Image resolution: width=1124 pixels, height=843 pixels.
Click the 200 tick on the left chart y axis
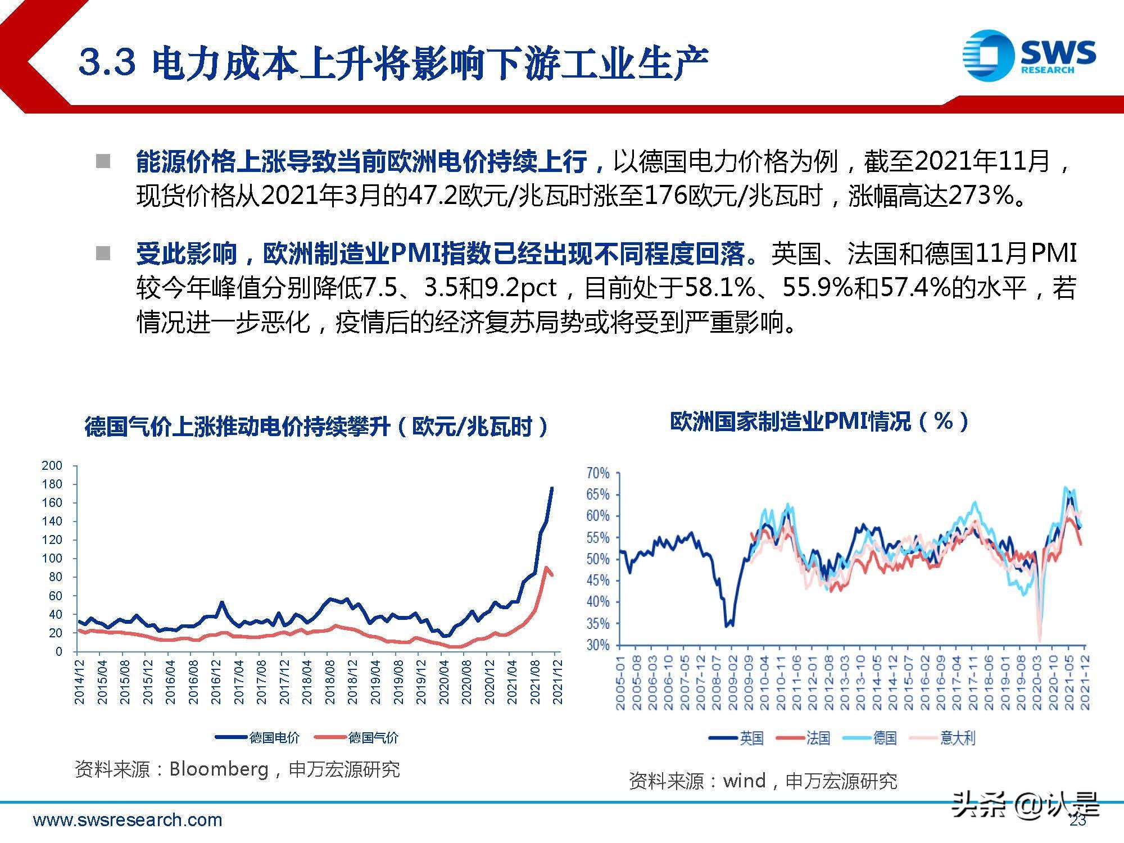click(52, 465)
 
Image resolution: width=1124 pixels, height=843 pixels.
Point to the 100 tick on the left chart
click(52, 559)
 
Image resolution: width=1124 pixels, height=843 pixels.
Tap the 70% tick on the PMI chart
click(598, 473)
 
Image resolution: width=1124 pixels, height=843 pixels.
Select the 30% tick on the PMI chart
click(598, 645)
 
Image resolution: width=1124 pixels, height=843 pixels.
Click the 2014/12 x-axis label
click(80, 681)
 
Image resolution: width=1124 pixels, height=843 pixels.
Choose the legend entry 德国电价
click(274, 737)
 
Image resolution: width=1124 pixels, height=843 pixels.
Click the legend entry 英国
click(751, 738)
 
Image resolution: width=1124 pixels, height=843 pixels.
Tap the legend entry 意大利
click(958, 738)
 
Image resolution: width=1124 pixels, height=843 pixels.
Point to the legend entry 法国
click(818, 738)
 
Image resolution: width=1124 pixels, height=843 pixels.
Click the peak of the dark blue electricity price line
click(552, 488)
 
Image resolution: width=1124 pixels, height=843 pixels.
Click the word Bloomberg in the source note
click(219, 769)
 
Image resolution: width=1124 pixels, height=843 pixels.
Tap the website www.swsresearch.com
click(128, 820)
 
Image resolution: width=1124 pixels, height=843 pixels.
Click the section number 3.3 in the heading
click(107, 62)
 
